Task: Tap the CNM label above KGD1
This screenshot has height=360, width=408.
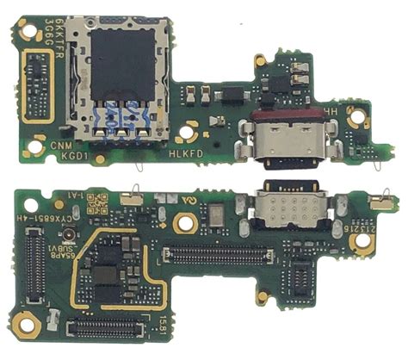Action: [x=60, y=147]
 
